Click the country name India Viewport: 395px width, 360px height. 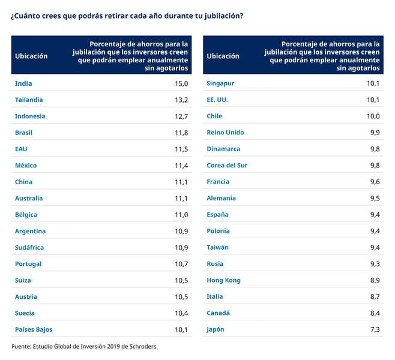(23, 83)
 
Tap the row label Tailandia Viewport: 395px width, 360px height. (29, 100)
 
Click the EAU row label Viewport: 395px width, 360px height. (21, 149)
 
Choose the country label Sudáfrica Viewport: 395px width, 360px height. (29, 247)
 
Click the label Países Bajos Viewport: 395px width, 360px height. (34, 329)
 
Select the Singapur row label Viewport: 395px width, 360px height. (220, 83)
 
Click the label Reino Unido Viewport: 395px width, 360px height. (225, 133)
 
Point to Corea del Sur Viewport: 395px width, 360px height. (227, 166)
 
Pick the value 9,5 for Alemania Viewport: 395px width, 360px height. (375, 198)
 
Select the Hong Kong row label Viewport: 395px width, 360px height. (223, 280)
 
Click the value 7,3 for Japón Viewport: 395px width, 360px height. (375, 329)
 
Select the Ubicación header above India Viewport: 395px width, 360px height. (31, 56)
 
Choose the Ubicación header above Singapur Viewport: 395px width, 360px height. (223, 56)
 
